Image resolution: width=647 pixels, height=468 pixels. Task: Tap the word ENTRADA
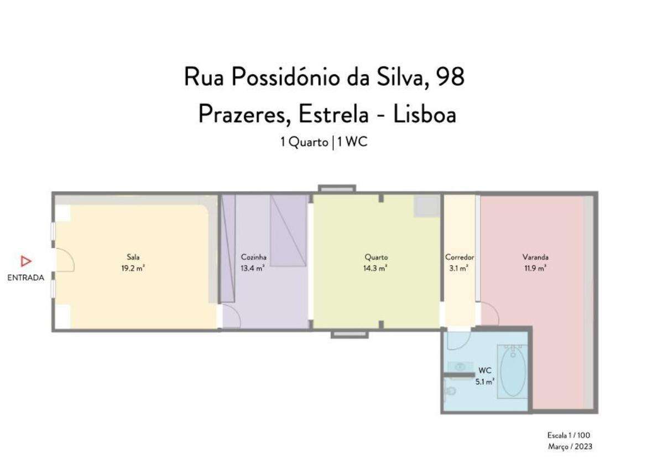click(x=25, y=278)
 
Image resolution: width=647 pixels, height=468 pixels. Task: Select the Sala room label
click(x=133, y=257)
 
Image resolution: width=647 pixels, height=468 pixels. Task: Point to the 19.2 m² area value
click(x=133, y=268)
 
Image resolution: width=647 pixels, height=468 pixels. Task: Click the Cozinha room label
click(x=254, y=257)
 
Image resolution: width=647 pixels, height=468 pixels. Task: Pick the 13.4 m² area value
click(x=252, y=268)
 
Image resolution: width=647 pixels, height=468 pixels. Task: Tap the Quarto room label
click(x=376, y=257)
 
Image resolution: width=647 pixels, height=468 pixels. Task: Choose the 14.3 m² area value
click(x=376, y=268)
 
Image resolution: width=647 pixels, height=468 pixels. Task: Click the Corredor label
click(x=460, y=257)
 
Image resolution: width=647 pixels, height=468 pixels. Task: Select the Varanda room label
click(x=535, y=257)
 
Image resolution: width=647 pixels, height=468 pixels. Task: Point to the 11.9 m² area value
click(x=535, y=268)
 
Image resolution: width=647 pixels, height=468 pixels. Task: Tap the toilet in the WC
click(x=450, y=390)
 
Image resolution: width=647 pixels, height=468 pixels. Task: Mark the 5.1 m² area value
click(x=485, y=381)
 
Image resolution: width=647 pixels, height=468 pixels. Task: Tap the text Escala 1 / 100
click(x=569, y=435)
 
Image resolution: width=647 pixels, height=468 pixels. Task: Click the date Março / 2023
click(x=570, y=446)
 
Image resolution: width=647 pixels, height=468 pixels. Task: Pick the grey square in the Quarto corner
click(x=426, y=206)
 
